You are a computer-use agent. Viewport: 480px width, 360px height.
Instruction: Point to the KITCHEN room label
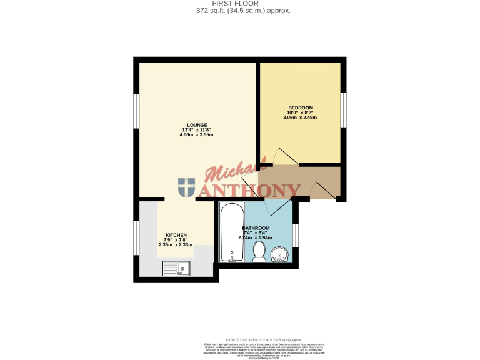(x=176, y=235)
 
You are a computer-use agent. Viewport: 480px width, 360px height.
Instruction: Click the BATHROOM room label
(x=256, y=227)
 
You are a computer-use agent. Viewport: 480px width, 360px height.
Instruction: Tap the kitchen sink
(x=176, y=269)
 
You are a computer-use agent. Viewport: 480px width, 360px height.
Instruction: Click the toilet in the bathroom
(x=259, y=252)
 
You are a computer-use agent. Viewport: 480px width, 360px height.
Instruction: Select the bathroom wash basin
(x=279, y=254)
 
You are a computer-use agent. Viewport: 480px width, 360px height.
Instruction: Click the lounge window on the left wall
(x=136, y=112)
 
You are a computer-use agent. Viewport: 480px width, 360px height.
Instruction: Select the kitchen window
(x=136, y=238)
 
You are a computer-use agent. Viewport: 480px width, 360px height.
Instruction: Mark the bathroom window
(x=296, y=235)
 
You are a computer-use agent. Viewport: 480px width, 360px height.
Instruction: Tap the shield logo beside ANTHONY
(x=186, y=187)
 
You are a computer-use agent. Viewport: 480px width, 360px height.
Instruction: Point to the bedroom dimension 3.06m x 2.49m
(x=300, y=117)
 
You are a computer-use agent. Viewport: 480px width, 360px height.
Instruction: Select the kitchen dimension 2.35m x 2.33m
(x=176, y=244)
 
